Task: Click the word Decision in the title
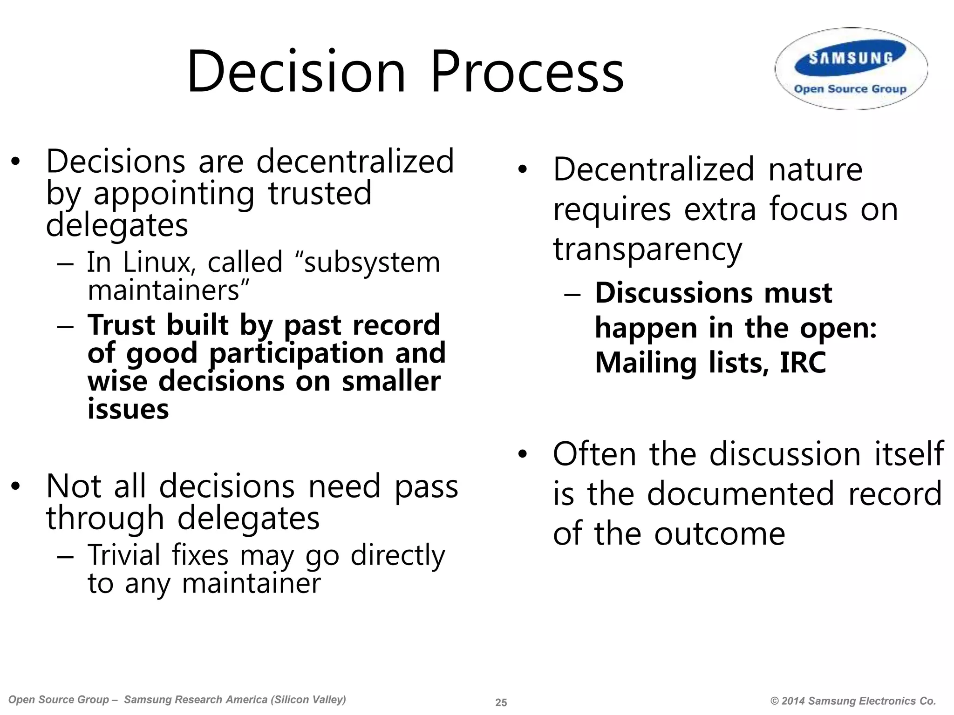[x=296, y=72]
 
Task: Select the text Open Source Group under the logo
[x=850, y=89]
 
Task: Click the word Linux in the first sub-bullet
[x=157, y=262]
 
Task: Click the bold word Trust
[x=121, y=324]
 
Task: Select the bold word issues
[x=128, y=409]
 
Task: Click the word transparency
[x=647, y=250]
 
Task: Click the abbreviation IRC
[x=803, y=363]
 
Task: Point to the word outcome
[x=720, y=533]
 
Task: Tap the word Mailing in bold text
[x=645, y=363]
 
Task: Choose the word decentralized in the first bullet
[x=355, y=162]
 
